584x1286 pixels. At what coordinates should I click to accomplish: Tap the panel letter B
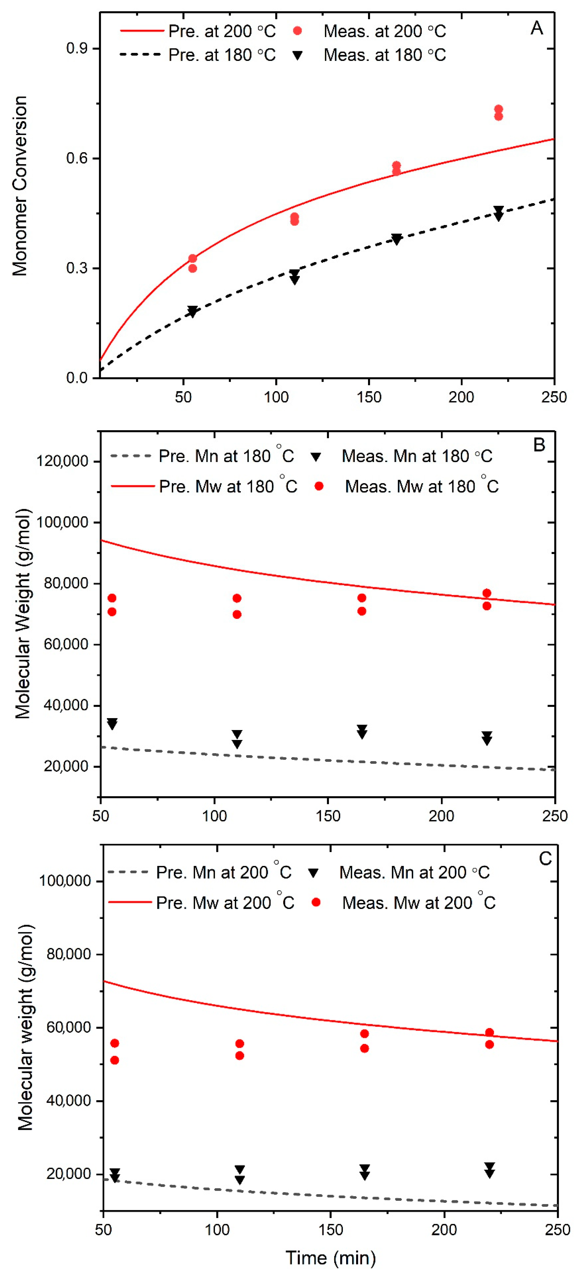click(x=539, y=445)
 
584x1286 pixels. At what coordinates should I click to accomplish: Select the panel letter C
click(x=545, y=859)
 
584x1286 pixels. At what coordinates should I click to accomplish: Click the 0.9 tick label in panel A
click(x=77, y=48)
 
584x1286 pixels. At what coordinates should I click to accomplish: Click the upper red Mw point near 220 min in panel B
click(x=487, y=593)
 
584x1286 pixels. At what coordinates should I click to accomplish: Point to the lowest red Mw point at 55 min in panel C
click(x=114, y=1060)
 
